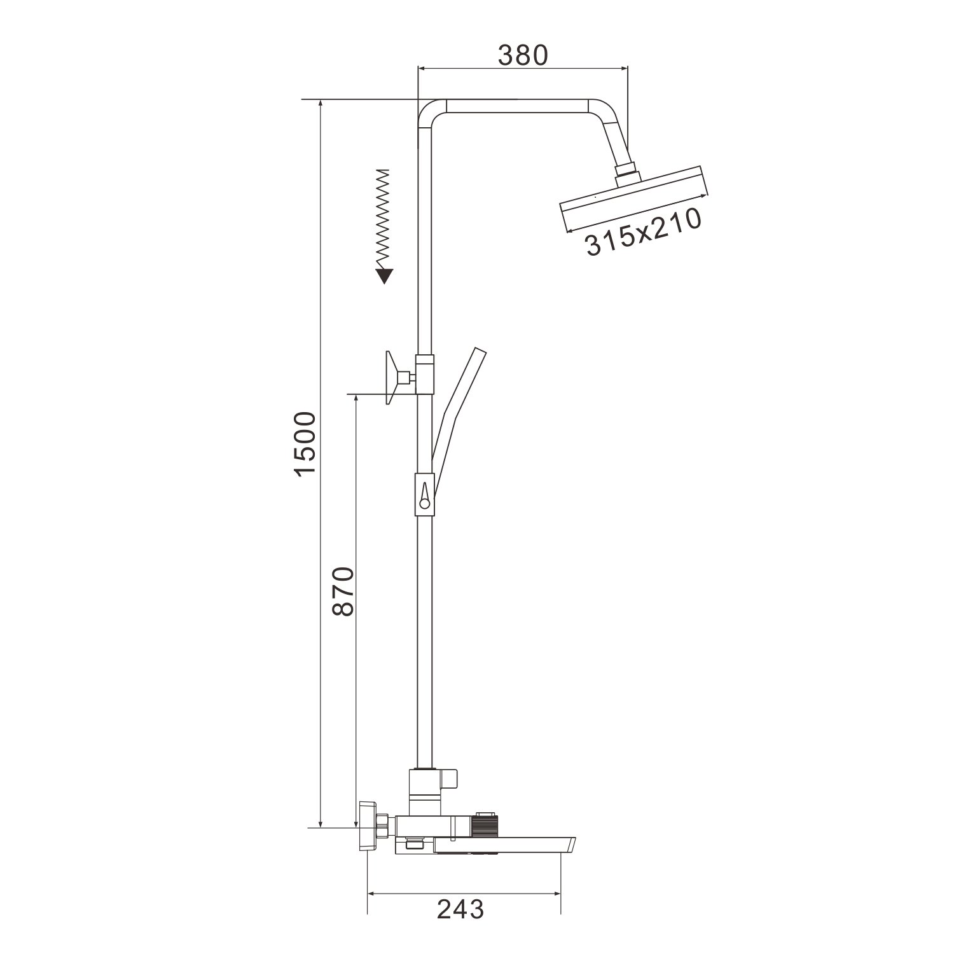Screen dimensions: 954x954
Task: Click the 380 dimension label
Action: coord(522,56)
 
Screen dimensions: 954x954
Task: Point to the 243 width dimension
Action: coord(460,910)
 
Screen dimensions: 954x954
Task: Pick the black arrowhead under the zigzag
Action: coord(384,275)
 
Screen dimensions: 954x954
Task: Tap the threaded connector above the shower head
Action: coord(626,172)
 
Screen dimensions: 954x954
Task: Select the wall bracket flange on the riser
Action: coord(395,378)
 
